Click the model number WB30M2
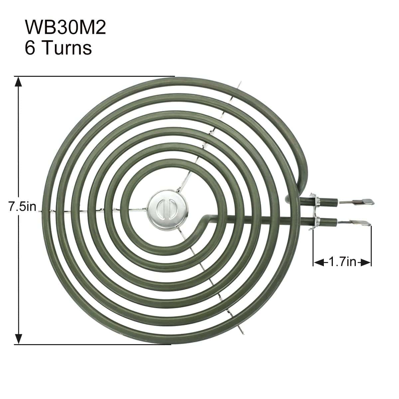[65, 28]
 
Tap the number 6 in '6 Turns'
[30, 48]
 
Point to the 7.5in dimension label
[22, 207]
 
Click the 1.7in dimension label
[342, 262]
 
